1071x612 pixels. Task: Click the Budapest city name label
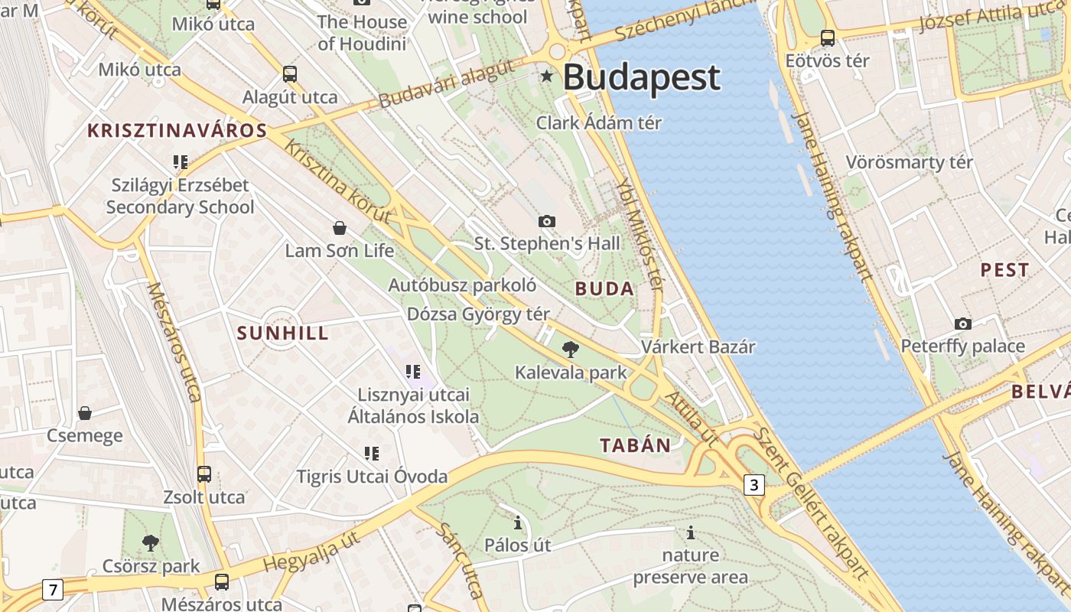642,77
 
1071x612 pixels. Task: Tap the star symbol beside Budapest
547,76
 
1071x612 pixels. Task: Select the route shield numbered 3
754,484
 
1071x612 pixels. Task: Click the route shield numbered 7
52,590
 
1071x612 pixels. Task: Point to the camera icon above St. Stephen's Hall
547,221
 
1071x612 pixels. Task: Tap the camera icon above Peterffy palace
963,324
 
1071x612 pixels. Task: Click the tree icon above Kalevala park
570,350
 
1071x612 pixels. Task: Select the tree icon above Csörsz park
151,543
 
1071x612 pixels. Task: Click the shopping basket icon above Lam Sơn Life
340,228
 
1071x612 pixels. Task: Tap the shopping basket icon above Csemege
85,413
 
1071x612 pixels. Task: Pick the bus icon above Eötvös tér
827,37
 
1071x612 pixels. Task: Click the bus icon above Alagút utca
289,74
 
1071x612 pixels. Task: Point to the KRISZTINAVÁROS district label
177,130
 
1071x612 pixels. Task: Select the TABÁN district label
635,445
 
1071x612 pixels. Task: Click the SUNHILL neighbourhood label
283,333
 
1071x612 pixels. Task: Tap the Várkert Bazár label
698,347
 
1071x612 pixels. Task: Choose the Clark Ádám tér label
599,122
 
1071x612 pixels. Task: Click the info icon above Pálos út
518,522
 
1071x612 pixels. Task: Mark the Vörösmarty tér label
909,162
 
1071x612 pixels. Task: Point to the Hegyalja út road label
311,553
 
